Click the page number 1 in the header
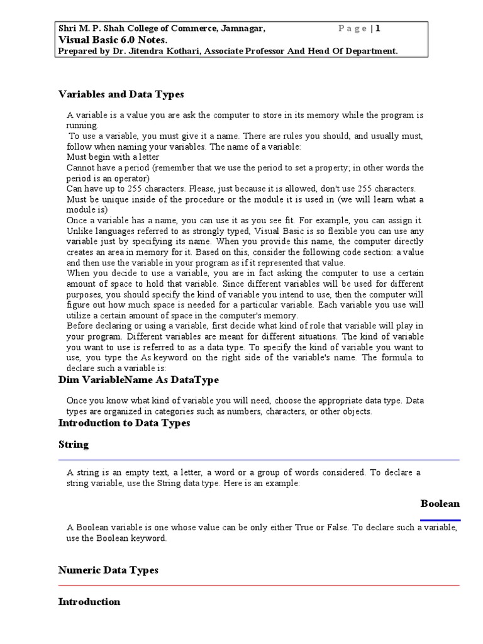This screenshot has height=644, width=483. (379, 28)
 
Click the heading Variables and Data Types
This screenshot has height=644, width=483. (121, 94)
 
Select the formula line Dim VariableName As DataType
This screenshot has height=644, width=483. (138, 380)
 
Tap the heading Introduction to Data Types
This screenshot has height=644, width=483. (124, 423)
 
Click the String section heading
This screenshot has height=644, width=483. (74, 445)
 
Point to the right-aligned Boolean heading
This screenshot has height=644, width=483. (440, 504)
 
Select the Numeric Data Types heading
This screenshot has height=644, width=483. (108, 570)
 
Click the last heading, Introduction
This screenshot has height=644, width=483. (89, 602)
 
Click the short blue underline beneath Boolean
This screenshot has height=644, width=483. (440, 520)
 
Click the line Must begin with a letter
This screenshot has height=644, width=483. (113, 157)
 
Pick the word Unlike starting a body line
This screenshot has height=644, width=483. (79, 230)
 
